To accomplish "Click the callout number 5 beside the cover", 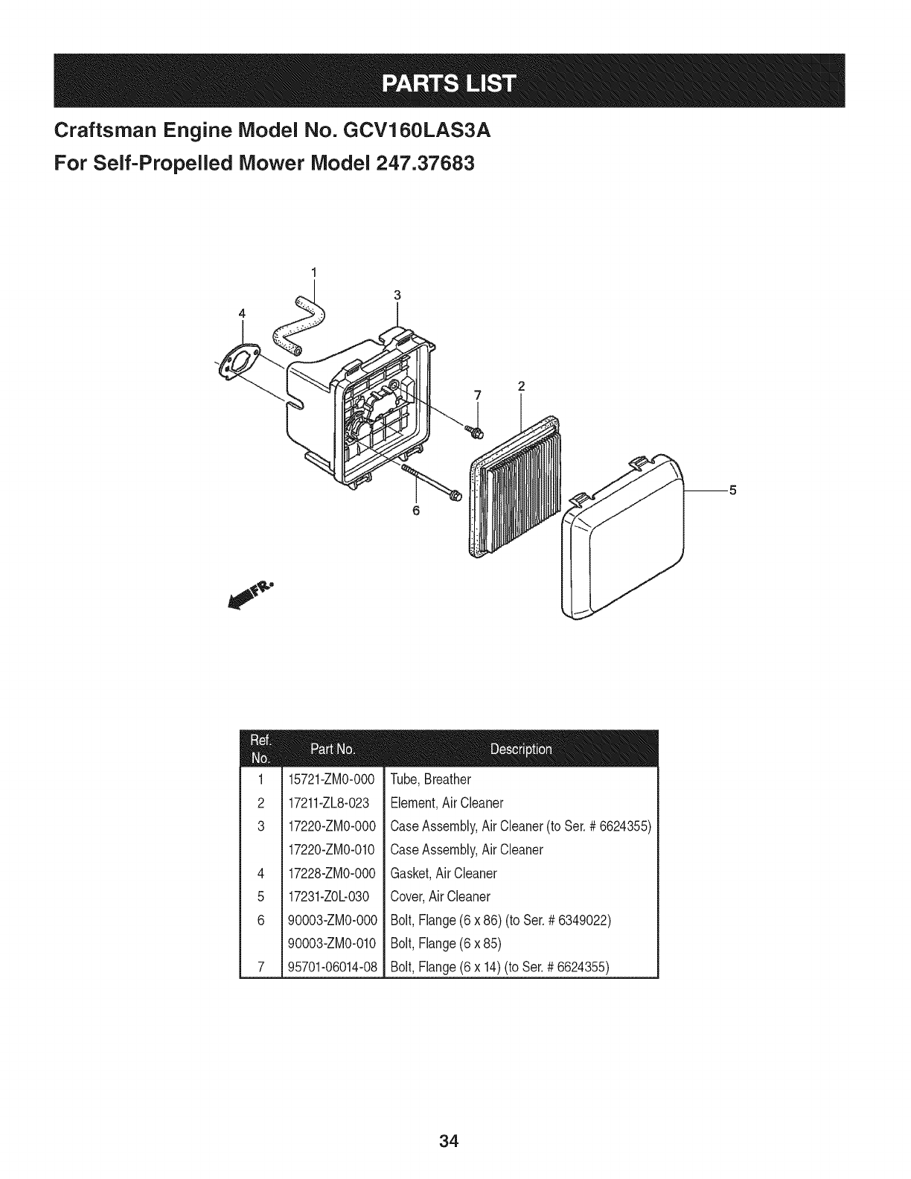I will point(732,490).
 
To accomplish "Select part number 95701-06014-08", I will point(333,968).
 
